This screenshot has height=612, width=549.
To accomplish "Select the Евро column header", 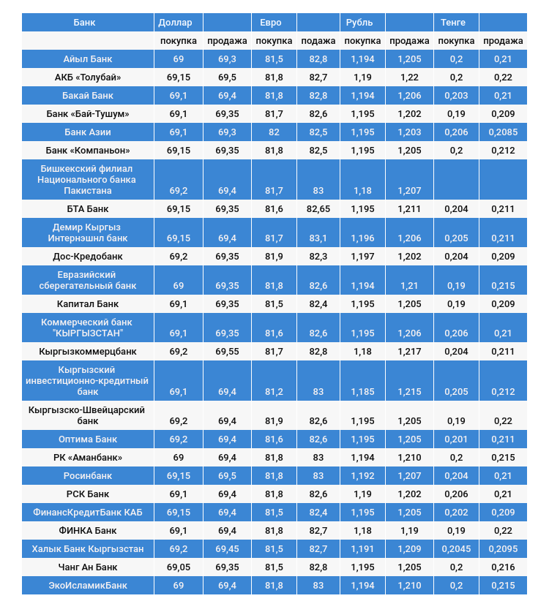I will coord(271,23).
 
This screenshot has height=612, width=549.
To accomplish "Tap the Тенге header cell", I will coord(453,23).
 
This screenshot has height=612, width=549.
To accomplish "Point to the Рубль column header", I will coord(360,23).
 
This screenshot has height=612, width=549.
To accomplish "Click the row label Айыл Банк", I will coord(88,59).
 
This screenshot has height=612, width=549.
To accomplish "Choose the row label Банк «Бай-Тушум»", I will coord(88,114).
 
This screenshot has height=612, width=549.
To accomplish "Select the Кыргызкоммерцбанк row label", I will coord(88,352).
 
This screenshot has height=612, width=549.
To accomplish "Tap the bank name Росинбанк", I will coord(88,476).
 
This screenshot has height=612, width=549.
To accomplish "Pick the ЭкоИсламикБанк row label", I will coord(88,586).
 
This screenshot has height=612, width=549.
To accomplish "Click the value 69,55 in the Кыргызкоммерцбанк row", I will coord(227,352).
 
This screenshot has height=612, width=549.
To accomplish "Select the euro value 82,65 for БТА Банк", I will coord(318,209).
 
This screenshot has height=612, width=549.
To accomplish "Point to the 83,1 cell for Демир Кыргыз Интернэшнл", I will coord(318,238).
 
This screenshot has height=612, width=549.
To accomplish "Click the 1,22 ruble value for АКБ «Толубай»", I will coord(409,78).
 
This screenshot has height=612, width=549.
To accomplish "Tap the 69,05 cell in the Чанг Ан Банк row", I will coord(179,567).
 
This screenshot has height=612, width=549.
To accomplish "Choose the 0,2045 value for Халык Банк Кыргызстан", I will coord(456,549).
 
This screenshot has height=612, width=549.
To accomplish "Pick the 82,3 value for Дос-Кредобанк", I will coord(318,257).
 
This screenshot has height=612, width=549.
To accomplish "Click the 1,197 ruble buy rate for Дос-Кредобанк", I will coord(362,257).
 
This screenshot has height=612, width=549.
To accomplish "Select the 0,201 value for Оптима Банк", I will coord(456,439).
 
